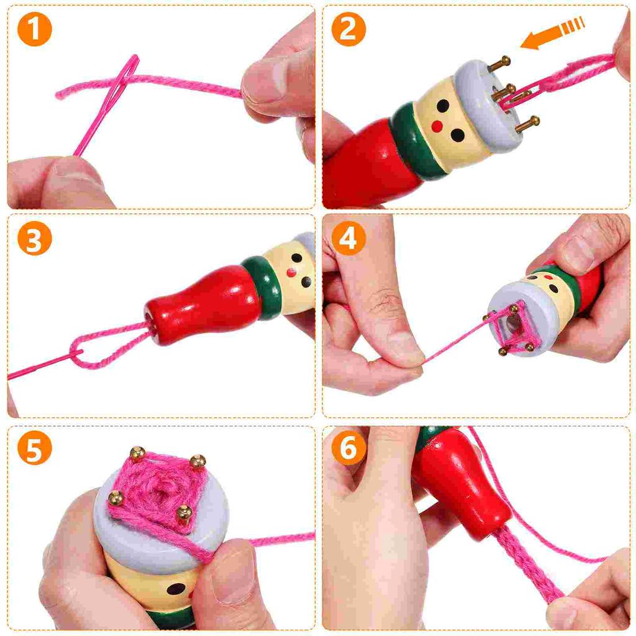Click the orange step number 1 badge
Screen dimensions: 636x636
point(34,29)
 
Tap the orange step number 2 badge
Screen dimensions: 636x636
point(348,29)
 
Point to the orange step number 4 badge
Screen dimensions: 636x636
point(348,238)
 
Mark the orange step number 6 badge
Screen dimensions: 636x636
point(348,448)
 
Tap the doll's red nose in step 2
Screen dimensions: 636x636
point(437,126)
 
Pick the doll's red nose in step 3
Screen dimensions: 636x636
point(291,271)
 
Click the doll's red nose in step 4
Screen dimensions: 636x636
point(548,278)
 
